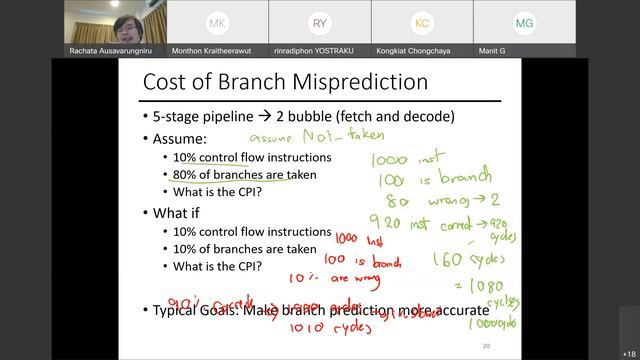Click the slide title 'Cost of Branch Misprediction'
coord(285,82)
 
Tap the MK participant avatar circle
coord(217,22)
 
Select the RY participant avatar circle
coord(319,22)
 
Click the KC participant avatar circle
coord(422,22)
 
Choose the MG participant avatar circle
coord(524,22)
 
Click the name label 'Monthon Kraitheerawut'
coord(217,50)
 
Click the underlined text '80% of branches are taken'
coord(244,174)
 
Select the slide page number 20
coord(486,346)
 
